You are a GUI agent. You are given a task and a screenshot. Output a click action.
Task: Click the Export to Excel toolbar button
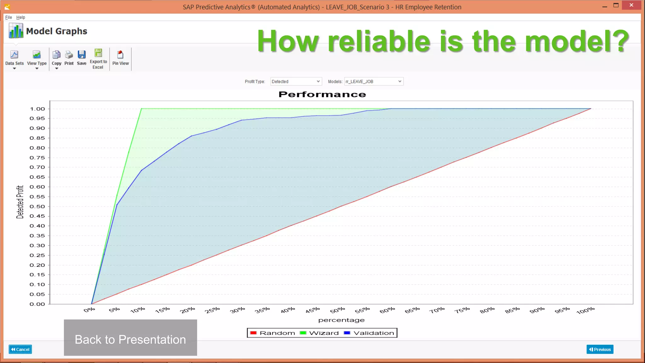98,59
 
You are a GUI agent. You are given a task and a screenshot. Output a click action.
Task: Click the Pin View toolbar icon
120,58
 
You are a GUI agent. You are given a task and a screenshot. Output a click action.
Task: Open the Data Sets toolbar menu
14,59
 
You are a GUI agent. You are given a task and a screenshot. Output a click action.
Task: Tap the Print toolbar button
69,58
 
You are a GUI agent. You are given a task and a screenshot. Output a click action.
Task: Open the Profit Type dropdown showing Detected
296,82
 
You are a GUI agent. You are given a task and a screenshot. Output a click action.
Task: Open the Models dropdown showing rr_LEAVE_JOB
374,82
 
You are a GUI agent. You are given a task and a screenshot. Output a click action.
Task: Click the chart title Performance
322,95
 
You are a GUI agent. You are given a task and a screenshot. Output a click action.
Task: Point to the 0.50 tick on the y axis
37,207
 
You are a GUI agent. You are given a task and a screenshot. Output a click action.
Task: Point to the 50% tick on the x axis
338,310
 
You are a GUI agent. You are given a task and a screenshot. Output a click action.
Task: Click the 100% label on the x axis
585,311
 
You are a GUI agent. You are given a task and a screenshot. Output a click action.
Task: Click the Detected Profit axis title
20,202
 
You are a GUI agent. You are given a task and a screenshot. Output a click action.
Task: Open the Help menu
20,17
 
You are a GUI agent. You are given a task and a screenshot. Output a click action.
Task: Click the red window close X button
631,5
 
